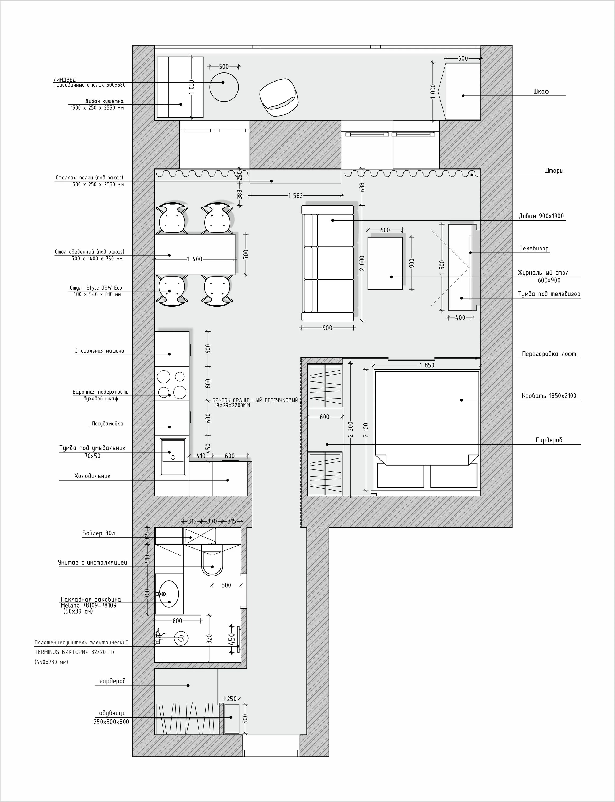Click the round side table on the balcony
click(224, 87)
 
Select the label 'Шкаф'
click(541, 91)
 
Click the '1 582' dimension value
click(295, 196)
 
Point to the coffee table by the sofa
click(385, 263)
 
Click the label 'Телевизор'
click(534, 249)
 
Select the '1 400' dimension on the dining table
click(195, 259)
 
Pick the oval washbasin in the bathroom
click(169, 593)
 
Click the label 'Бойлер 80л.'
click(99, 533)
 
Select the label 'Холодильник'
click(92, 476)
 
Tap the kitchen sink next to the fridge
click(173, 457)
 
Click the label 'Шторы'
click(554, 171)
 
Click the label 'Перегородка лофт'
click(549, 354)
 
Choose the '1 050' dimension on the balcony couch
click(191, 87)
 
